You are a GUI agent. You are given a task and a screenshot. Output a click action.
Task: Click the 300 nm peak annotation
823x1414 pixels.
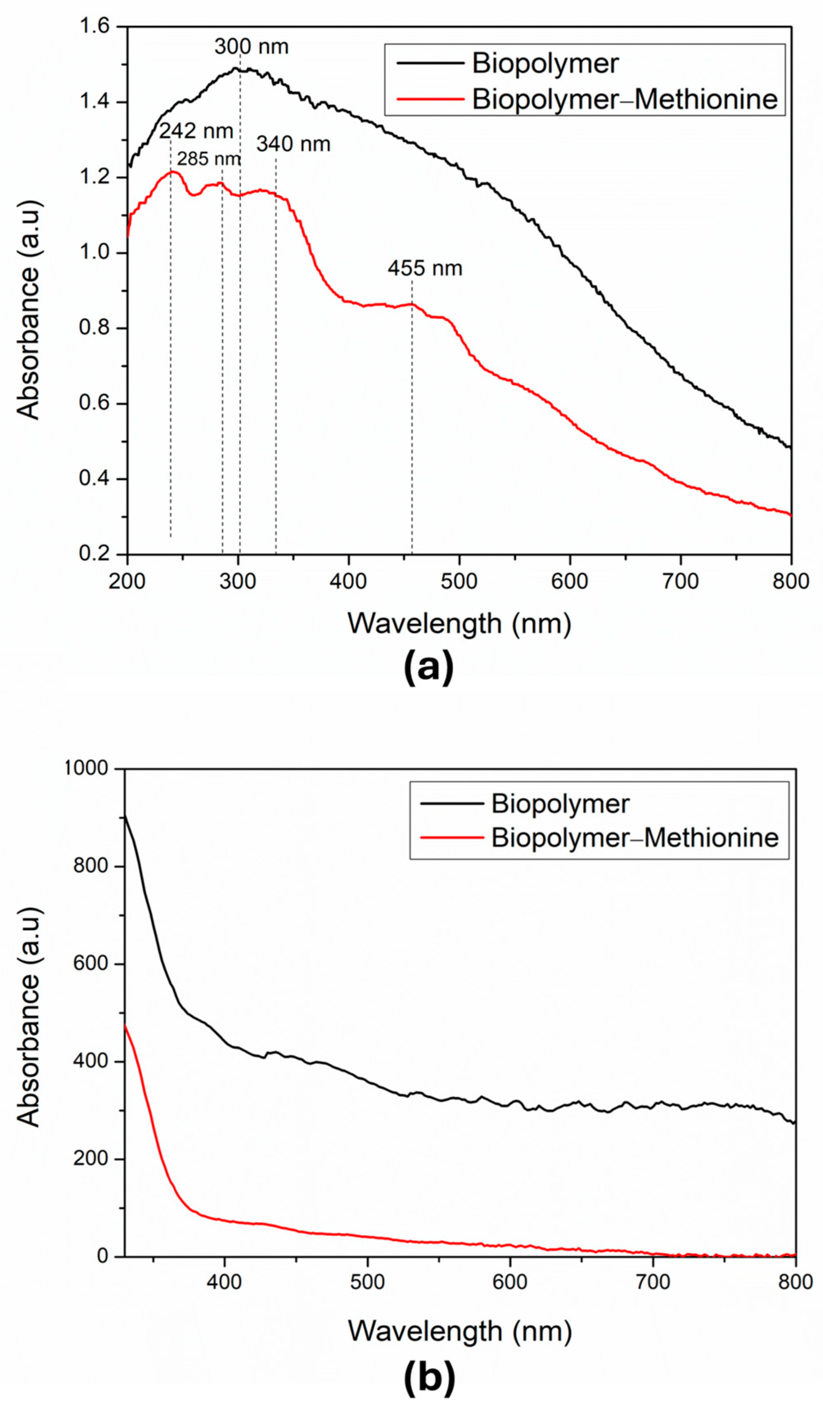[251, 47]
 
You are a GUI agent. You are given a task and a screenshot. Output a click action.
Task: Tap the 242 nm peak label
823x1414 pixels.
[196, 132]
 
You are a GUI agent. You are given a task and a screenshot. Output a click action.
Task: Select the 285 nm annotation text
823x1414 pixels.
[209, 159]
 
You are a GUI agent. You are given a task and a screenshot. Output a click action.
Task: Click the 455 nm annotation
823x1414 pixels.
[425, 269]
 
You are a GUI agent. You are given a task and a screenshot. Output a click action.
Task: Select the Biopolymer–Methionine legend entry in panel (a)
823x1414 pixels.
[624, 99]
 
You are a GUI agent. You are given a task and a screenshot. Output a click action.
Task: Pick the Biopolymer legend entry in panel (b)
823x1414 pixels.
[560, 804]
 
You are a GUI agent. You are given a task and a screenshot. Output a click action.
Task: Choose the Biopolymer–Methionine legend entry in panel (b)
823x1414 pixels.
[634, 838]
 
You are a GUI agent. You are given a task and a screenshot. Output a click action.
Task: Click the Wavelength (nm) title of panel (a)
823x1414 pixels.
[459, 624]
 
